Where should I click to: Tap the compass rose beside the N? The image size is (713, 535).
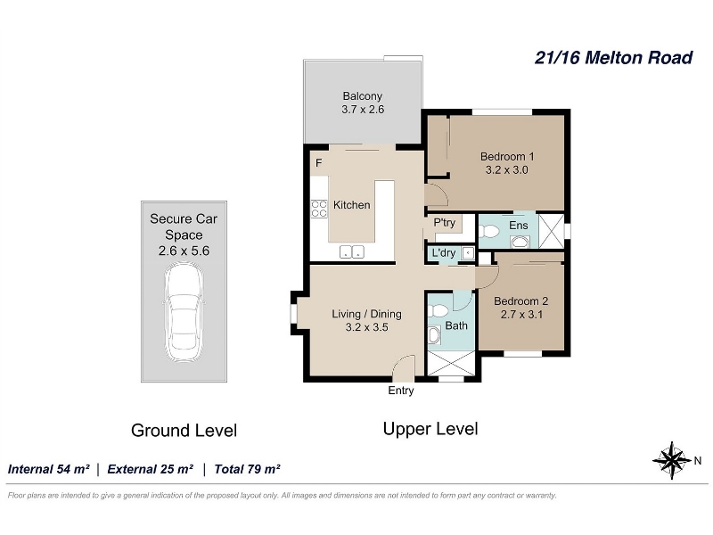pos(672,460)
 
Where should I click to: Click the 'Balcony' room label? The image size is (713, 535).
pos(363,96)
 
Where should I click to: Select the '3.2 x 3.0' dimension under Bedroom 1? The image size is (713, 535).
pos(506,170)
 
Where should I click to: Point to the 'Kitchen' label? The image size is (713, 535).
pos(351,205)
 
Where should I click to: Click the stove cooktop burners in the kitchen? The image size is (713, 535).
pos(319,209)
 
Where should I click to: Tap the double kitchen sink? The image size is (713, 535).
pos(352,251)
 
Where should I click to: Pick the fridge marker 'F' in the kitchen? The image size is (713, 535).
pos(319,163)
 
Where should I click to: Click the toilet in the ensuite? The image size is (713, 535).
pos(488,231)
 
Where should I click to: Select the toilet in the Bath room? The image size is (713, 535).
pos(438,311)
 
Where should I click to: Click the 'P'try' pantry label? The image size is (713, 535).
pos(444,222)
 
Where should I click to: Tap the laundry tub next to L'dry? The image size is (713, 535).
pos(467,253)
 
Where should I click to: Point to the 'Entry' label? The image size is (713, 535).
pos(400,391)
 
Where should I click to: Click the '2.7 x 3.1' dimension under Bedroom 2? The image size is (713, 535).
pos(521,315)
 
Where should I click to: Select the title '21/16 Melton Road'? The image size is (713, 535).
pos(613,58)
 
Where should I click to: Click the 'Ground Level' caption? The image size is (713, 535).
pos(184,431)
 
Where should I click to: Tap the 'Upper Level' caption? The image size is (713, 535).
pos(430,429)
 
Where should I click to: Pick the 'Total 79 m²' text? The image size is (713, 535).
pos(247,469)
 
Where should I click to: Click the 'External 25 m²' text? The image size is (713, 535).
pos(150,469)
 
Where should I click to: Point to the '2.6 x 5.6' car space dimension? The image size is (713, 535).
pos(184,251)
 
